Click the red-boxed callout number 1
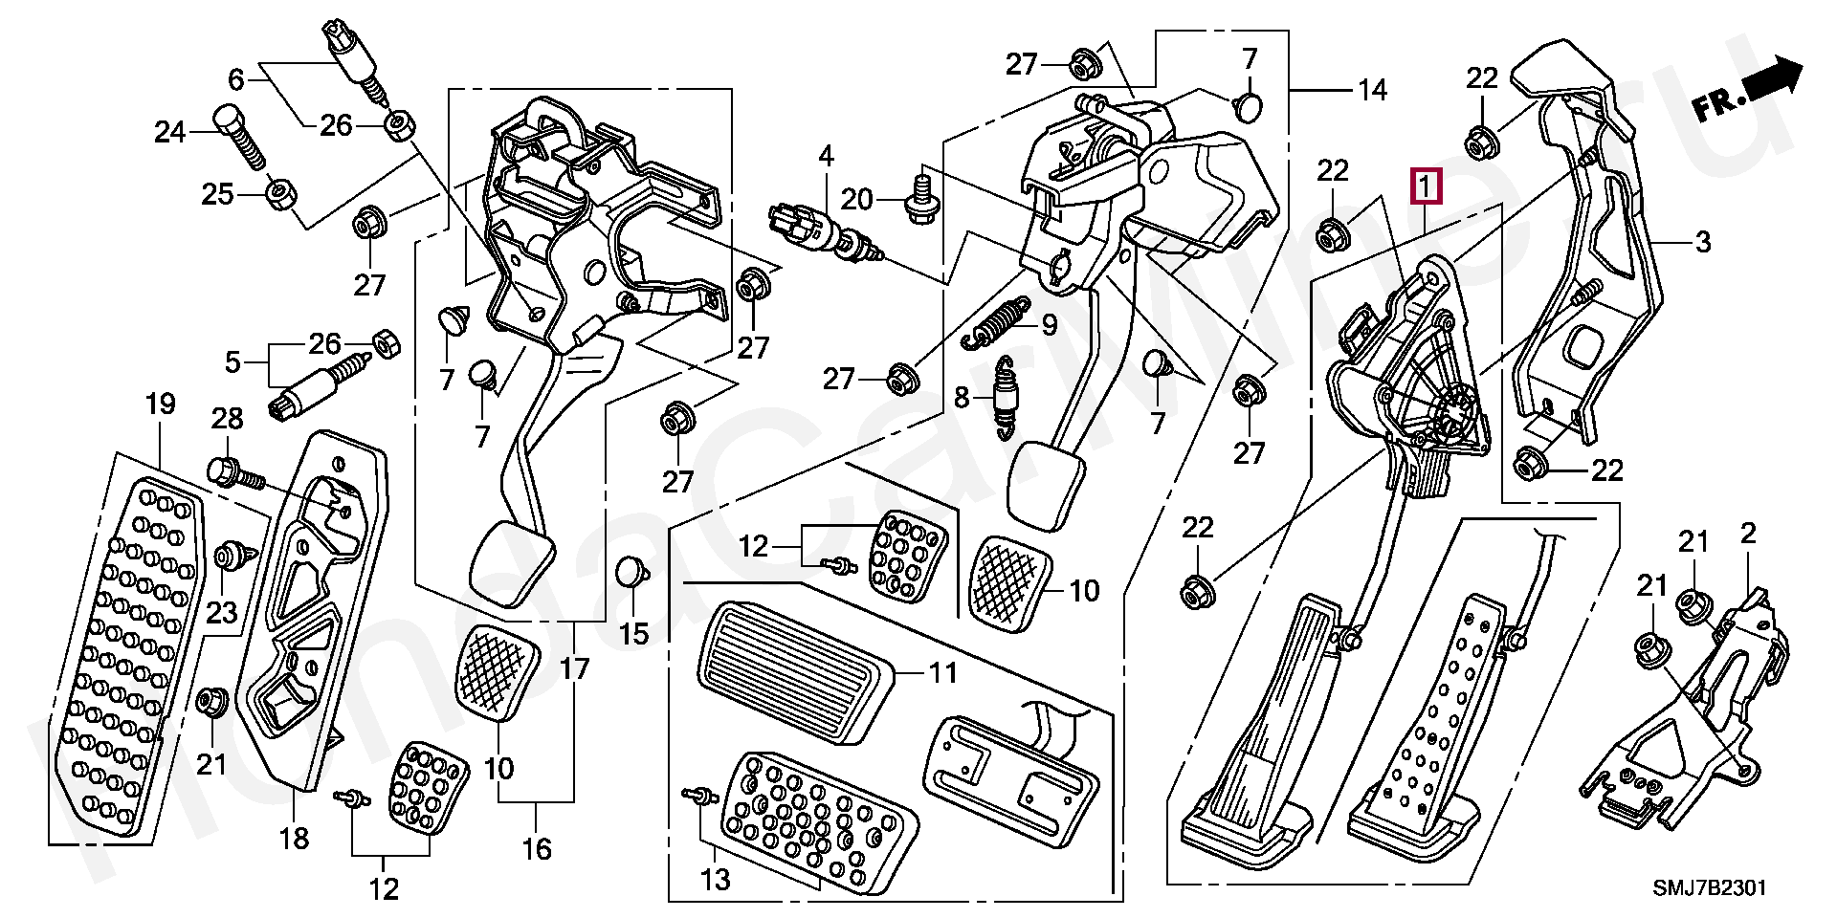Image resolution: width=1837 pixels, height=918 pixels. pos(1426,186)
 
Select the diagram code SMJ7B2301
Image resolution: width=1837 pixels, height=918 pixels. pos(1709,888)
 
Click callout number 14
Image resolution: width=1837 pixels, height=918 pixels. pos(1372,90)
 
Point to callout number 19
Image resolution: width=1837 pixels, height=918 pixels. pos(160,404)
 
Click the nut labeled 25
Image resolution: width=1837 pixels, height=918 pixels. pos(279,196)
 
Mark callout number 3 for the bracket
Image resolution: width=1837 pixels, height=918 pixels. pos(1703,243)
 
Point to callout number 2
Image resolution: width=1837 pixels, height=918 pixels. pos(1748,535)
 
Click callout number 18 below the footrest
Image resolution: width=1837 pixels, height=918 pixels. pos(295,839)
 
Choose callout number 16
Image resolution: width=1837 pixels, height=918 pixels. pos(538,848)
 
